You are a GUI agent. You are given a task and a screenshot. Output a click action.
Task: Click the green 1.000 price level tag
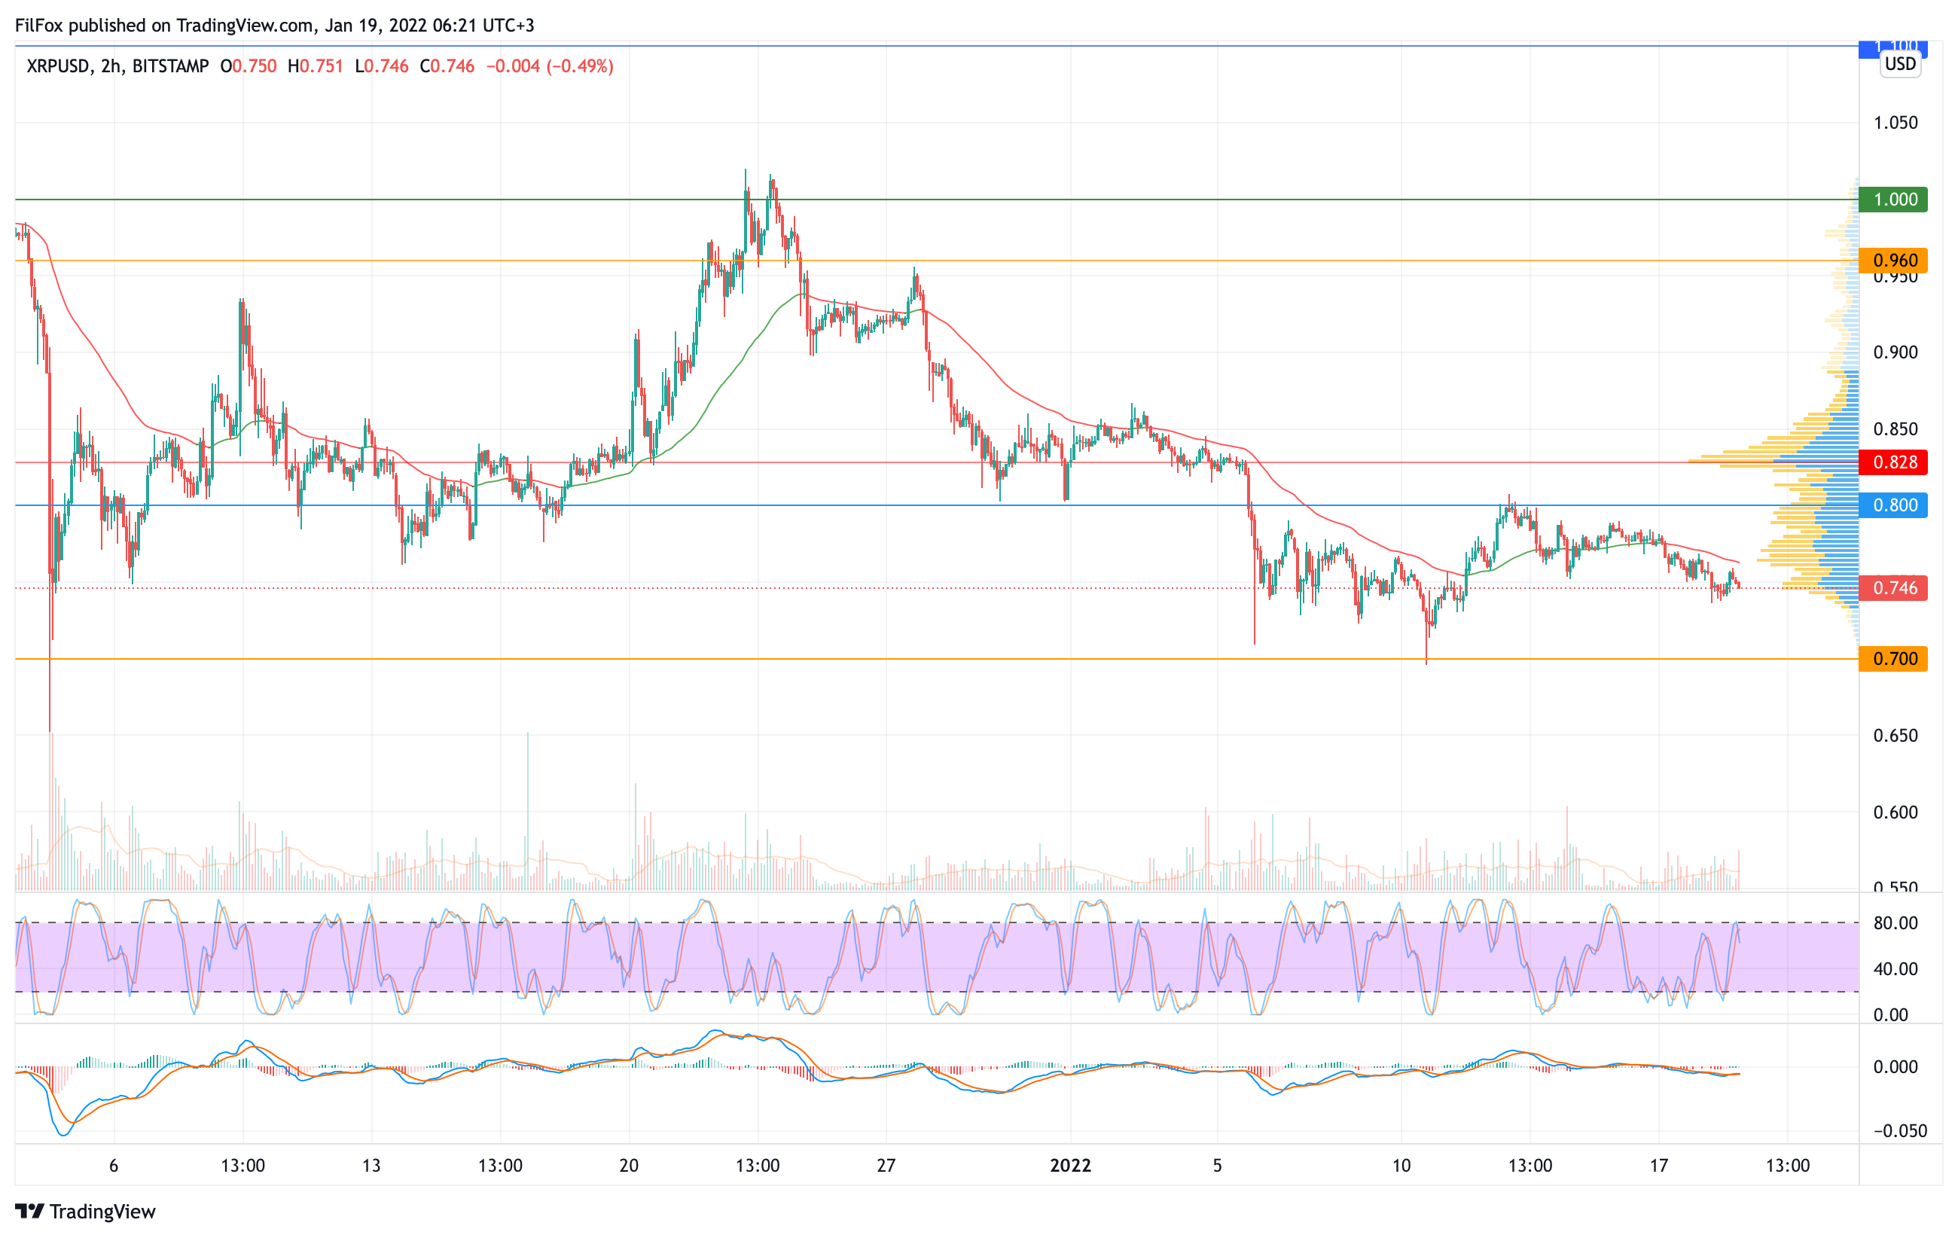[x=1893, y=199]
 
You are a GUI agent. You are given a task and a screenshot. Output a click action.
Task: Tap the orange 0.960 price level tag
[x=1893, y=260]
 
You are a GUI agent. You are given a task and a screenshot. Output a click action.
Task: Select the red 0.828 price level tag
[x=1893, y=462]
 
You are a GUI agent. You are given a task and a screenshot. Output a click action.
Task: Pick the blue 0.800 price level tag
[x=1893, y=505]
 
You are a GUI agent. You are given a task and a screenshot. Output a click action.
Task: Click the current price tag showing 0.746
[x=1893, y=587]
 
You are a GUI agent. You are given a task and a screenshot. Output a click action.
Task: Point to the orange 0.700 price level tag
[x=1893, y=658]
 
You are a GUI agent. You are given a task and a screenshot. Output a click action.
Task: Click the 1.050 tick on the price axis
[x=1895, y=123]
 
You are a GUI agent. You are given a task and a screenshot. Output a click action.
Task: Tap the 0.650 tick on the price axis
[x=1895, y=736]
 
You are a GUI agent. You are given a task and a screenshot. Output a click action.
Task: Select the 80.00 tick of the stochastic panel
[x=1895, y=923]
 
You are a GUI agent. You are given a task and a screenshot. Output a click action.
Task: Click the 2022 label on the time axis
[x=1070, y=1166]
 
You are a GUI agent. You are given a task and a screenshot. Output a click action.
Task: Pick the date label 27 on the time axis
[x=886, y=1166]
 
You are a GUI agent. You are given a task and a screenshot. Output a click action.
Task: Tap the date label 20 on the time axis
[x=629, y=1166]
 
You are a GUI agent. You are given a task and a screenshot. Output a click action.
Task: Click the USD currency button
[x=1900, y=63]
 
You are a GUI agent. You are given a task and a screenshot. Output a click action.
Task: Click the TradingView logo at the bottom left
[x=85, y=1211]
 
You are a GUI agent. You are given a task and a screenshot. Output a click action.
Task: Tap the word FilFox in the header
[x=39, y=25]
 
